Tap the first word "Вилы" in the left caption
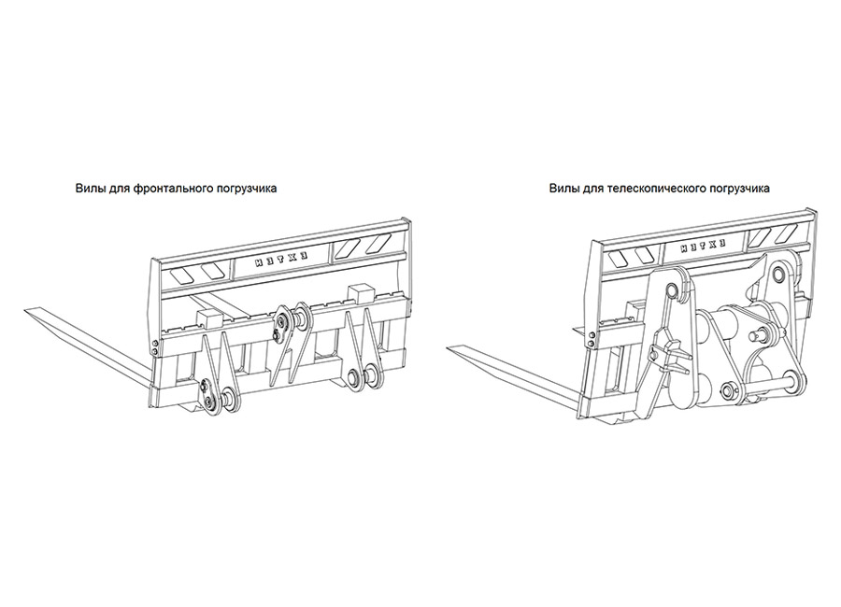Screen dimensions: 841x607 tap(86, 189)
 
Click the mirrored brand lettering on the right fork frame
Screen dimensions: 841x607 tap(704, 247)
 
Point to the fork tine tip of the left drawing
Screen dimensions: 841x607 tap(27, 310)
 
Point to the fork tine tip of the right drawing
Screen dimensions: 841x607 tap(450, 349)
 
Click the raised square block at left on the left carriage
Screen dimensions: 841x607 tap(208, 318)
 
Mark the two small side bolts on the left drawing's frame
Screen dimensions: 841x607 tap(155, 347)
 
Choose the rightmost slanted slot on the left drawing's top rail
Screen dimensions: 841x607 tap(382, 244)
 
